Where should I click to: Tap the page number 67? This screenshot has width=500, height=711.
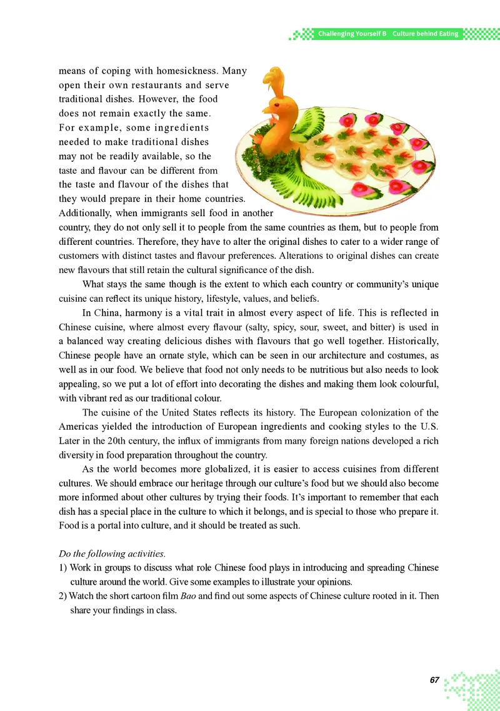coord(435,679)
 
